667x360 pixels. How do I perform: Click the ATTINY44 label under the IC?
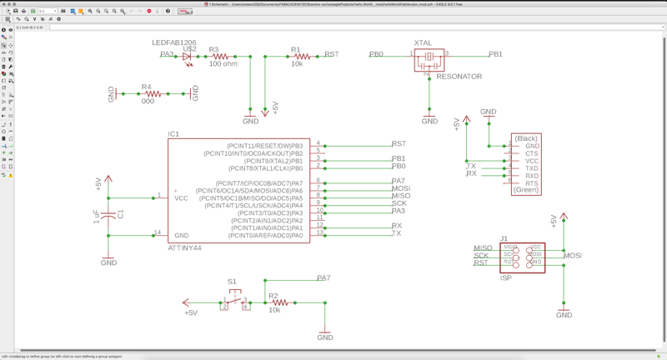click(183, 248)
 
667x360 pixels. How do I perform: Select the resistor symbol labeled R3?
click(221, 57)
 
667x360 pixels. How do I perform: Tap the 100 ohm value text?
click(223, 64)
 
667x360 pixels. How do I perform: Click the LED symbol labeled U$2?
click(187, 57)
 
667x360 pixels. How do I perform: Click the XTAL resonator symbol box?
click(429, 58)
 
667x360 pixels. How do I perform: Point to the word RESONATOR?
click(459, 77)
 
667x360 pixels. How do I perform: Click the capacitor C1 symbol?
click(109, 215)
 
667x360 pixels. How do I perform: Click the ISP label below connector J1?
click(506, 278)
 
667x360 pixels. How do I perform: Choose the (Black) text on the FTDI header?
click(526, 138)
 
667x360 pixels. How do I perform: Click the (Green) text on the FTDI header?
click(526, 190)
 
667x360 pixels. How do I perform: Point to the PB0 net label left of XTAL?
click(377, 54)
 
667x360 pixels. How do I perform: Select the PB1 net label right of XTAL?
click(495, 54)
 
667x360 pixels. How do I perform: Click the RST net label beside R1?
click(331, 54)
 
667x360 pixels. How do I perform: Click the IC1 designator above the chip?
click(173, 134)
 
